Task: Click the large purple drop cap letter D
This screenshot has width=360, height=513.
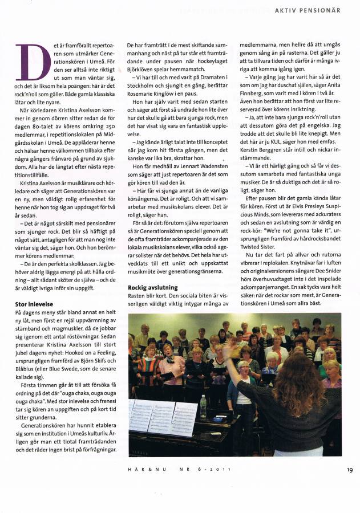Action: pyautogui.click(x=33, y=63)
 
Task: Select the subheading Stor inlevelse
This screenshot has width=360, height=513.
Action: pyautogui.click(x=34, y=304)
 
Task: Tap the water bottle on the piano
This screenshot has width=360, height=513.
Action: pyautogui.click(x=204, y=406)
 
